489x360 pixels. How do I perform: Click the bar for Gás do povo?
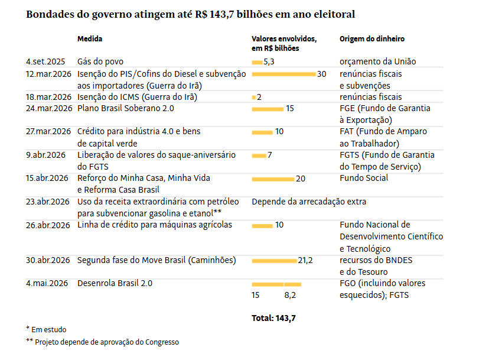(x=257, y=63)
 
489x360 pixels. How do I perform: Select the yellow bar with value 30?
(x=284, y=74)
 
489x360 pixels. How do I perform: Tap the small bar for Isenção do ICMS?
(x=254, y=98)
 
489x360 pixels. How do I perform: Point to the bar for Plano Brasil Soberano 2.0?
(x=268, y=109)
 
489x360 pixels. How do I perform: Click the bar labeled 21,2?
(x=275, y=261)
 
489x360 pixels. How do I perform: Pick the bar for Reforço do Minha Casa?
(x=273, y=179)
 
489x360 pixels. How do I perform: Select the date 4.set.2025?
(x=45, y=62)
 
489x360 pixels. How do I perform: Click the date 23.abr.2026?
(x=47, y=202)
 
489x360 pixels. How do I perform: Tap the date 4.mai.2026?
(x=47, y=284)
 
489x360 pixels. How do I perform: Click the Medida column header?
(x=90, y=38)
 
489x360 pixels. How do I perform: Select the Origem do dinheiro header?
(x=372, y=38)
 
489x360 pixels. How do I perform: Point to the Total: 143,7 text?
(x=273, y=318)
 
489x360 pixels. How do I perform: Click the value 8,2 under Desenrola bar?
(x=290, y=296)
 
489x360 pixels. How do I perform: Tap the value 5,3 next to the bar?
(x=269, y=62)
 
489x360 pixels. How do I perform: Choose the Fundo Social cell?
(x=364, y=178)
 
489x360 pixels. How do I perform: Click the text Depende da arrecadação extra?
(x=309, y=202)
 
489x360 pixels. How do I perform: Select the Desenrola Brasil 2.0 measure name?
(x=115, y=284)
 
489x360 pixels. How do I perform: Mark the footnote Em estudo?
(x=46, y=330)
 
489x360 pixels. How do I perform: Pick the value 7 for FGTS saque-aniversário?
(x=270, y=155)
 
